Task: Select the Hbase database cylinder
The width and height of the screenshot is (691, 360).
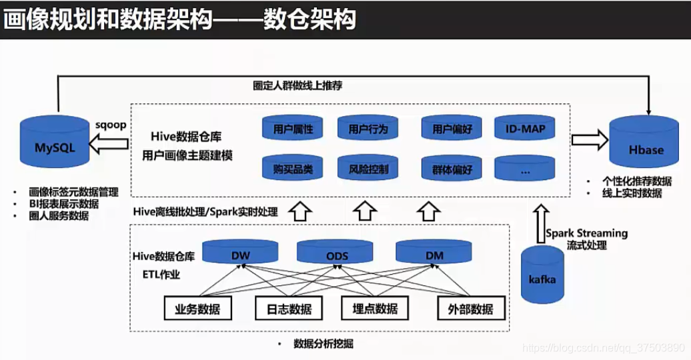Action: pos(646,146)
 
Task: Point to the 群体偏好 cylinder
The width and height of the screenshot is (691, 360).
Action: pos(452,169)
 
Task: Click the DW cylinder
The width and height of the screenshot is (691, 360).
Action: pos(240,253)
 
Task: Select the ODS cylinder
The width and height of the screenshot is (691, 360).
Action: pos(336,253)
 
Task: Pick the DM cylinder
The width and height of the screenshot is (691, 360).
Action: pos(433,253)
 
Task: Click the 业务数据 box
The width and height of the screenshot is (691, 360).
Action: pos(197,308)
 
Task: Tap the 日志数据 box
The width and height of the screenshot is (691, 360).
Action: pos(289,308)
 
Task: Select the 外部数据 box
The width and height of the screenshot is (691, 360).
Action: pos(471,308)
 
